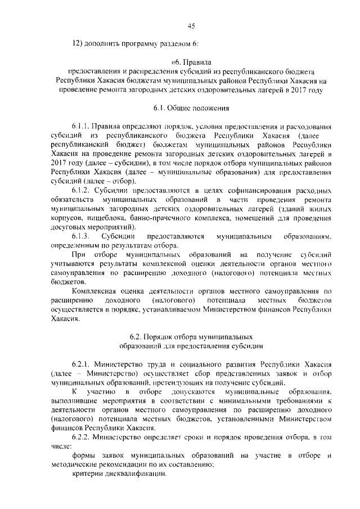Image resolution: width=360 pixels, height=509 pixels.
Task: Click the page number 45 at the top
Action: pyautogui.click(x=191, y=25)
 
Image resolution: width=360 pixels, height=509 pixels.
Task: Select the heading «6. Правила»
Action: pyautogui.click(x=191, y=62)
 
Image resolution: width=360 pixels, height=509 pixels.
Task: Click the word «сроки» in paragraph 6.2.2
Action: pyautogui.click(x=188, y=436)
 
